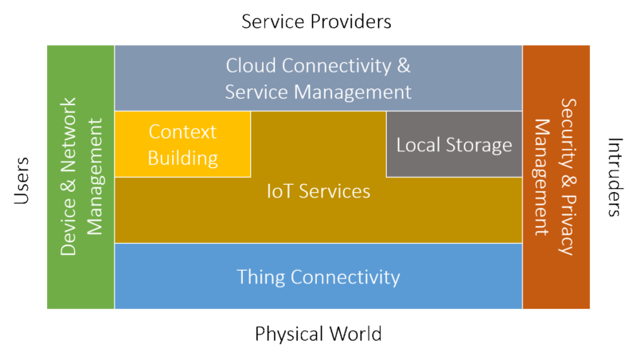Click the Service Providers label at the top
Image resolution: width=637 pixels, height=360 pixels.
317,22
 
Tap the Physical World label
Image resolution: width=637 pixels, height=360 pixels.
318,333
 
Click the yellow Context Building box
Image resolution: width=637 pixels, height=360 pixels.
183,144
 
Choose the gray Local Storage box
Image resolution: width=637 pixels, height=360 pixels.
454,145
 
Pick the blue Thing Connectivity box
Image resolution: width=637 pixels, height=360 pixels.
318,276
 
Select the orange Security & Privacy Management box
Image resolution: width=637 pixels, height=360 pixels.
555,177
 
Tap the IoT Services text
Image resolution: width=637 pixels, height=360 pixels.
318,191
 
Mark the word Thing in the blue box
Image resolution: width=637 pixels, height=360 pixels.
260,277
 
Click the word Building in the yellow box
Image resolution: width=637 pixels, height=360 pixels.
183,158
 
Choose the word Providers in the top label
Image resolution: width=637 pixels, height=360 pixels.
351,22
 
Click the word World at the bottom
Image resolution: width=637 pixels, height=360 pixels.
354,333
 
